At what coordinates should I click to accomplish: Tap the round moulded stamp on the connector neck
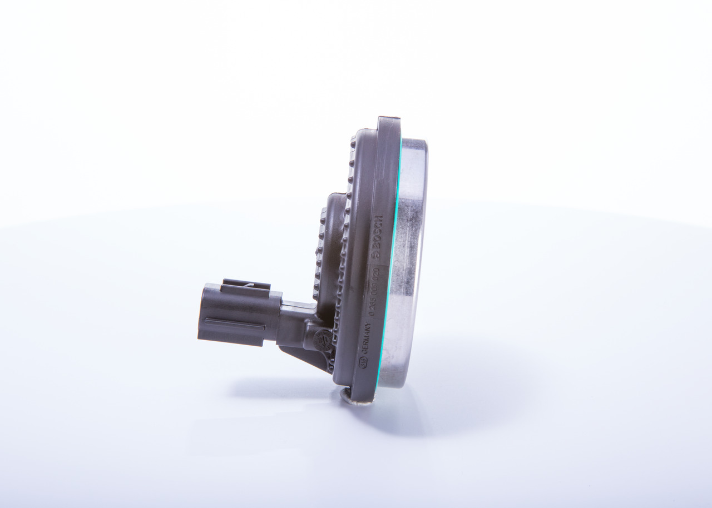click(322, 339)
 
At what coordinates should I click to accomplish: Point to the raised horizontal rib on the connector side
click(234, 322)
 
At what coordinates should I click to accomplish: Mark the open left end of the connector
click(201, 314)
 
